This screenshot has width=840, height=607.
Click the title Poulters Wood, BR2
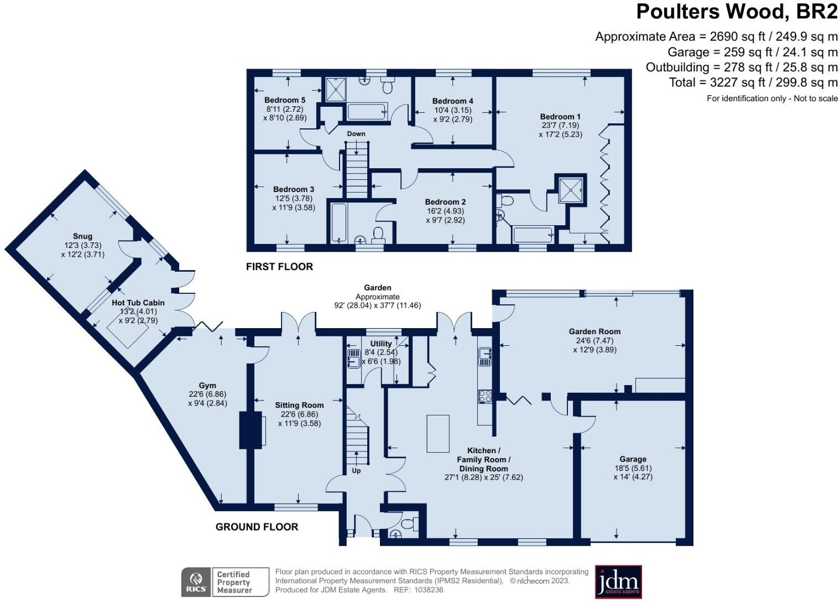pyautogui.click(x=737, y=12)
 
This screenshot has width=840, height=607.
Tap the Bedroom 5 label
pyautogui.click(x=285, y=100)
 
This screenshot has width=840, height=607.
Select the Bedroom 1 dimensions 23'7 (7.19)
pyautogui.click(x=560, y=126)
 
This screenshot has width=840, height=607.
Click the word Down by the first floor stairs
pyautogui.click(x=356, y=133)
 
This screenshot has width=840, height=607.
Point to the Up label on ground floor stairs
pyautogui.click(x=356, y=470)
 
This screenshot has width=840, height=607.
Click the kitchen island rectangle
pyautogui.click(x=438, y=433)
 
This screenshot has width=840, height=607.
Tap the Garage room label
pyautogui.click(x=633, y=459)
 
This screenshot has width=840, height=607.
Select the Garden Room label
pyautogui.click(x=594, y=331)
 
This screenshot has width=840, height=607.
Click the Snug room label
pyautogui.click(x=82, y=236)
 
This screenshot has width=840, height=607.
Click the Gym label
pyautogui.click(x=207, y=386)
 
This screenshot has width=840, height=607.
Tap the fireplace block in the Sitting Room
pyautogui.click(x=247, y=429)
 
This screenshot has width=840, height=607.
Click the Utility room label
pyautogui.click(x=380, y=344)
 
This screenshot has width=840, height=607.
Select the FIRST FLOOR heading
pyautogui.click(x=279, y=267)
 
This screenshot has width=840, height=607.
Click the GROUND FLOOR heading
pyautogui.click(x=257, y=527)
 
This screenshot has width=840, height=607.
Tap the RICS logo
pyautogui.click(x=196, y=582)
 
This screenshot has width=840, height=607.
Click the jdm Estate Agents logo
pyautogui.click(x=618, y=582)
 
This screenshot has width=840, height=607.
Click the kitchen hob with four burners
pyautogui.click(x=485, y=396)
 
